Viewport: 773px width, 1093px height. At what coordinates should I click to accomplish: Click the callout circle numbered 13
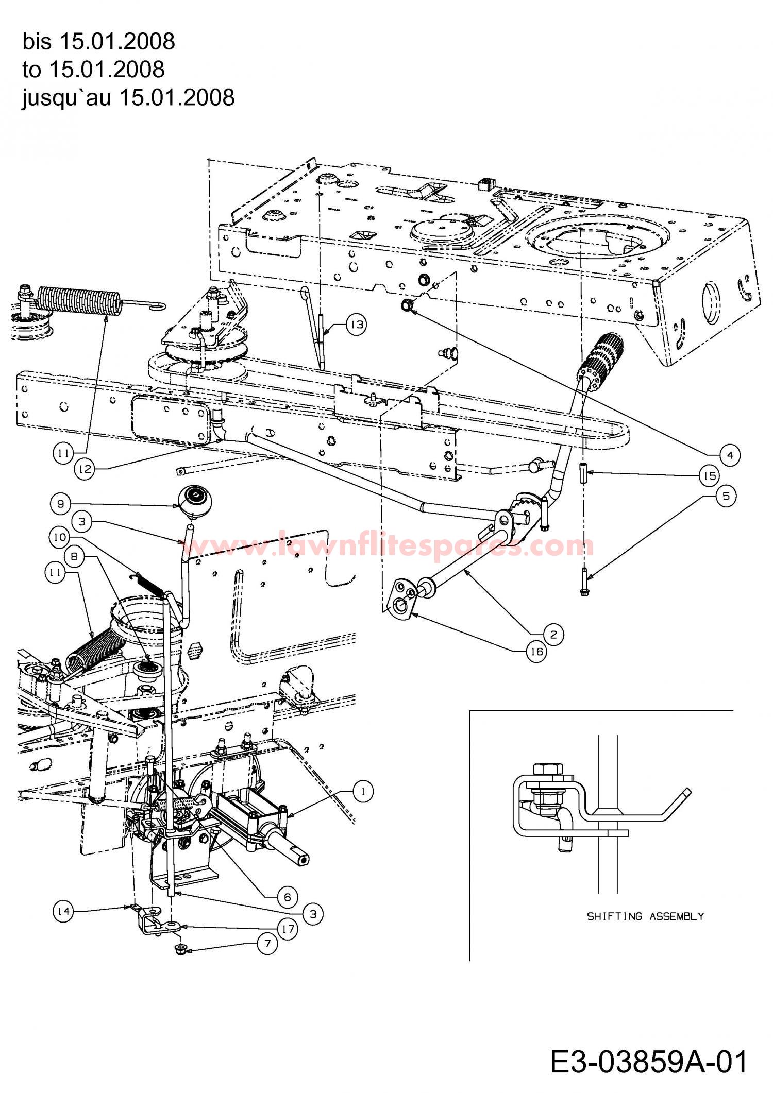point(357,326)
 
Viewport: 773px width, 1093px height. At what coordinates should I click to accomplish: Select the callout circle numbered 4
point(730,455)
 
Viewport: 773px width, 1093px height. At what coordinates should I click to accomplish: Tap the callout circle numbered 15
point(710,475)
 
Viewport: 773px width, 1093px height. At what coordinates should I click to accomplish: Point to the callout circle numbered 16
point(536,652)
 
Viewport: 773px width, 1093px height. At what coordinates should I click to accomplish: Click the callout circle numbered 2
point(553,634)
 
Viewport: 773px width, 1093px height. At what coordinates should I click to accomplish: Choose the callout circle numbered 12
point(85,469)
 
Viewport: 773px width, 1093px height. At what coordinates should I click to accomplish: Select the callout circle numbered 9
point(61,503)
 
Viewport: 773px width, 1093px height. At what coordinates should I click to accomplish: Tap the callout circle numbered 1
point(364,791)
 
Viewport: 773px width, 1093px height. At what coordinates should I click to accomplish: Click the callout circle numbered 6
point(287,897)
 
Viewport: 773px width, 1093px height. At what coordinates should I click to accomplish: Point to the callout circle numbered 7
point(267,944)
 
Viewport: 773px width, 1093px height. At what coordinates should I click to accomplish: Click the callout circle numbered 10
point(60,538)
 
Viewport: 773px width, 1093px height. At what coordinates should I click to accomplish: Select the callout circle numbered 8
point(75,556)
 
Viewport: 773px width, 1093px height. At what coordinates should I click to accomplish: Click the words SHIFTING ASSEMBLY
point(645,916)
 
